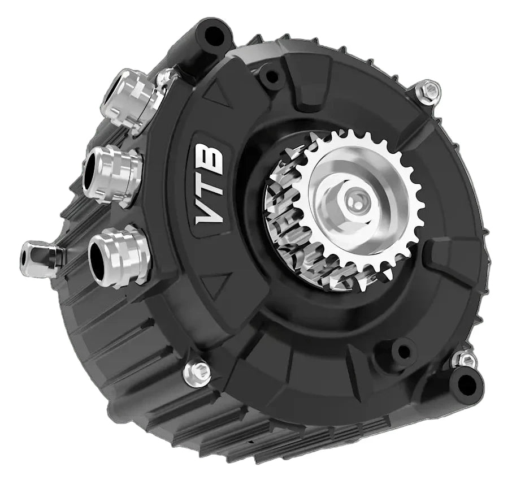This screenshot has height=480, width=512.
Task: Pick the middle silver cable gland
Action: [x=111, y=174]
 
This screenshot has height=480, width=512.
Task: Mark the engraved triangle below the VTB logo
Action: [x=217, y=284]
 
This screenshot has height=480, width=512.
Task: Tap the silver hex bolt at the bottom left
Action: [x=196, y=371]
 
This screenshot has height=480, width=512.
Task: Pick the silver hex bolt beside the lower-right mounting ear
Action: [x=465, y=358]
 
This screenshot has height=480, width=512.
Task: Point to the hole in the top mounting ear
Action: [x=214, y=35]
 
